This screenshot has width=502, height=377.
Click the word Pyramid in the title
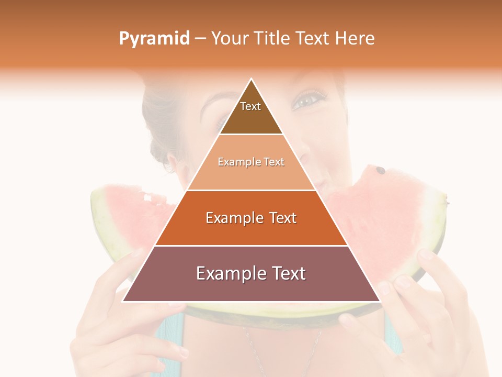154,39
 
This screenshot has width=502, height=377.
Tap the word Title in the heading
271,38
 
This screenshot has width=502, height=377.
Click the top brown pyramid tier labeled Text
251,113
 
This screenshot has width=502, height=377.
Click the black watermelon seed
381,170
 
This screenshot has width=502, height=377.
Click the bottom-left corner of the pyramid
123,301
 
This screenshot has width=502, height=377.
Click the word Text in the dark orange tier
280,218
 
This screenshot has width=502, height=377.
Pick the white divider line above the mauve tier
251,246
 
